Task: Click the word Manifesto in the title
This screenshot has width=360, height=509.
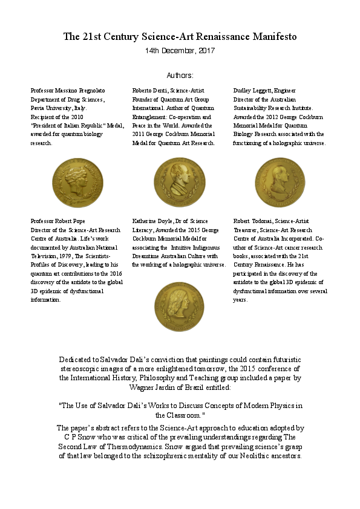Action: [x=272, y=37]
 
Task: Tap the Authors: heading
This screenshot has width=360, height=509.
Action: [x=180, y=76]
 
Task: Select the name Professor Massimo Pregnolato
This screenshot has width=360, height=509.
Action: [x=68, y=90]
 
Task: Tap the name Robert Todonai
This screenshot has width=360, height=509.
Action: [x=253, y=221]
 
